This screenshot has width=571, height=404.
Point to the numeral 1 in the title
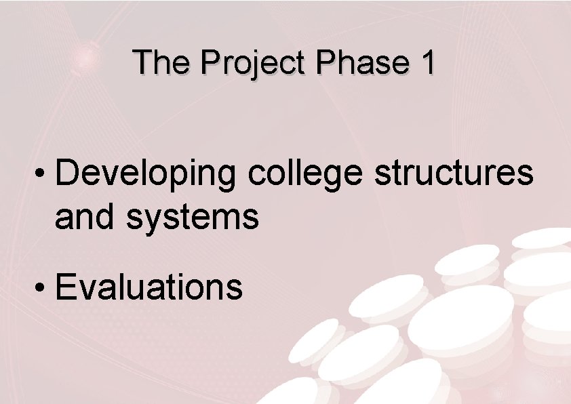click(x=427, y=62)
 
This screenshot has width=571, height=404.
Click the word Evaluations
click(x=149, y=286)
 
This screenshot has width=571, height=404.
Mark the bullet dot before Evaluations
click(x=42, y=287)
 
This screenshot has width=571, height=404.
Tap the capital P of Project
click(x=212, y=62)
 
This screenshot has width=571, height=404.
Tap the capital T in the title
click(x=143, y=62)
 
